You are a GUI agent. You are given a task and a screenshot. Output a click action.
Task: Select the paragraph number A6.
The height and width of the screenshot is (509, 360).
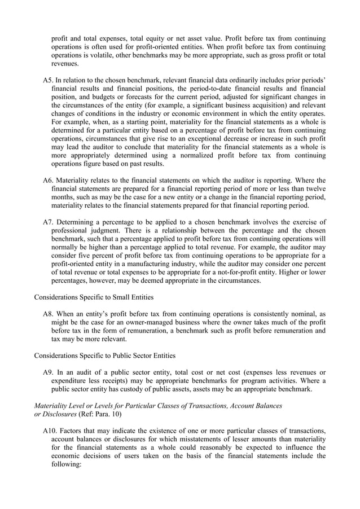[x=49, y=181]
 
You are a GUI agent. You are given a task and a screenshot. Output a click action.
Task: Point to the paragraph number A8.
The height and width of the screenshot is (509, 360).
[x=49, y=313]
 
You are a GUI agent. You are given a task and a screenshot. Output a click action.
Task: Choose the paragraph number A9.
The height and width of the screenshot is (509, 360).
[x=49, y=372]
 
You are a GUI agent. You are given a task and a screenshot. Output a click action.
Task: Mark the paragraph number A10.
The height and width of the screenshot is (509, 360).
[x=51, y=430]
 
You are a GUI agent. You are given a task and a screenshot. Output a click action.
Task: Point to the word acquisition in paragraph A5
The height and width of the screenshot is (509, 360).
[x=280, y=105]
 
